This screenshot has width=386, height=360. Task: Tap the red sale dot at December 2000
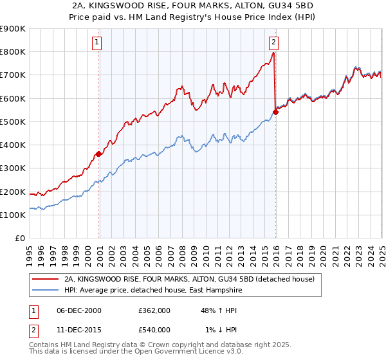(99, 154)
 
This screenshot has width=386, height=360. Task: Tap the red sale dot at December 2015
(276, 112)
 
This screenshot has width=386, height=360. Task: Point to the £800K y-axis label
(13, 52)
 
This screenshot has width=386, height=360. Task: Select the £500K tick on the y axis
(13, 122)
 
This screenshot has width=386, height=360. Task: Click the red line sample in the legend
(45, 279)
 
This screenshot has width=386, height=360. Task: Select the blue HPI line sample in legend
(45, 290)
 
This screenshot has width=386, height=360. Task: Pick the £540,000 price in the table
(154, 330)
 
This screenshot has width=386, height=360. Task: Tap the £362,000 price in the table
(154, 310)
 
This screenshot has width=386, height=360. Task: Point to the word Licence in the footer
(194, 352)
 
